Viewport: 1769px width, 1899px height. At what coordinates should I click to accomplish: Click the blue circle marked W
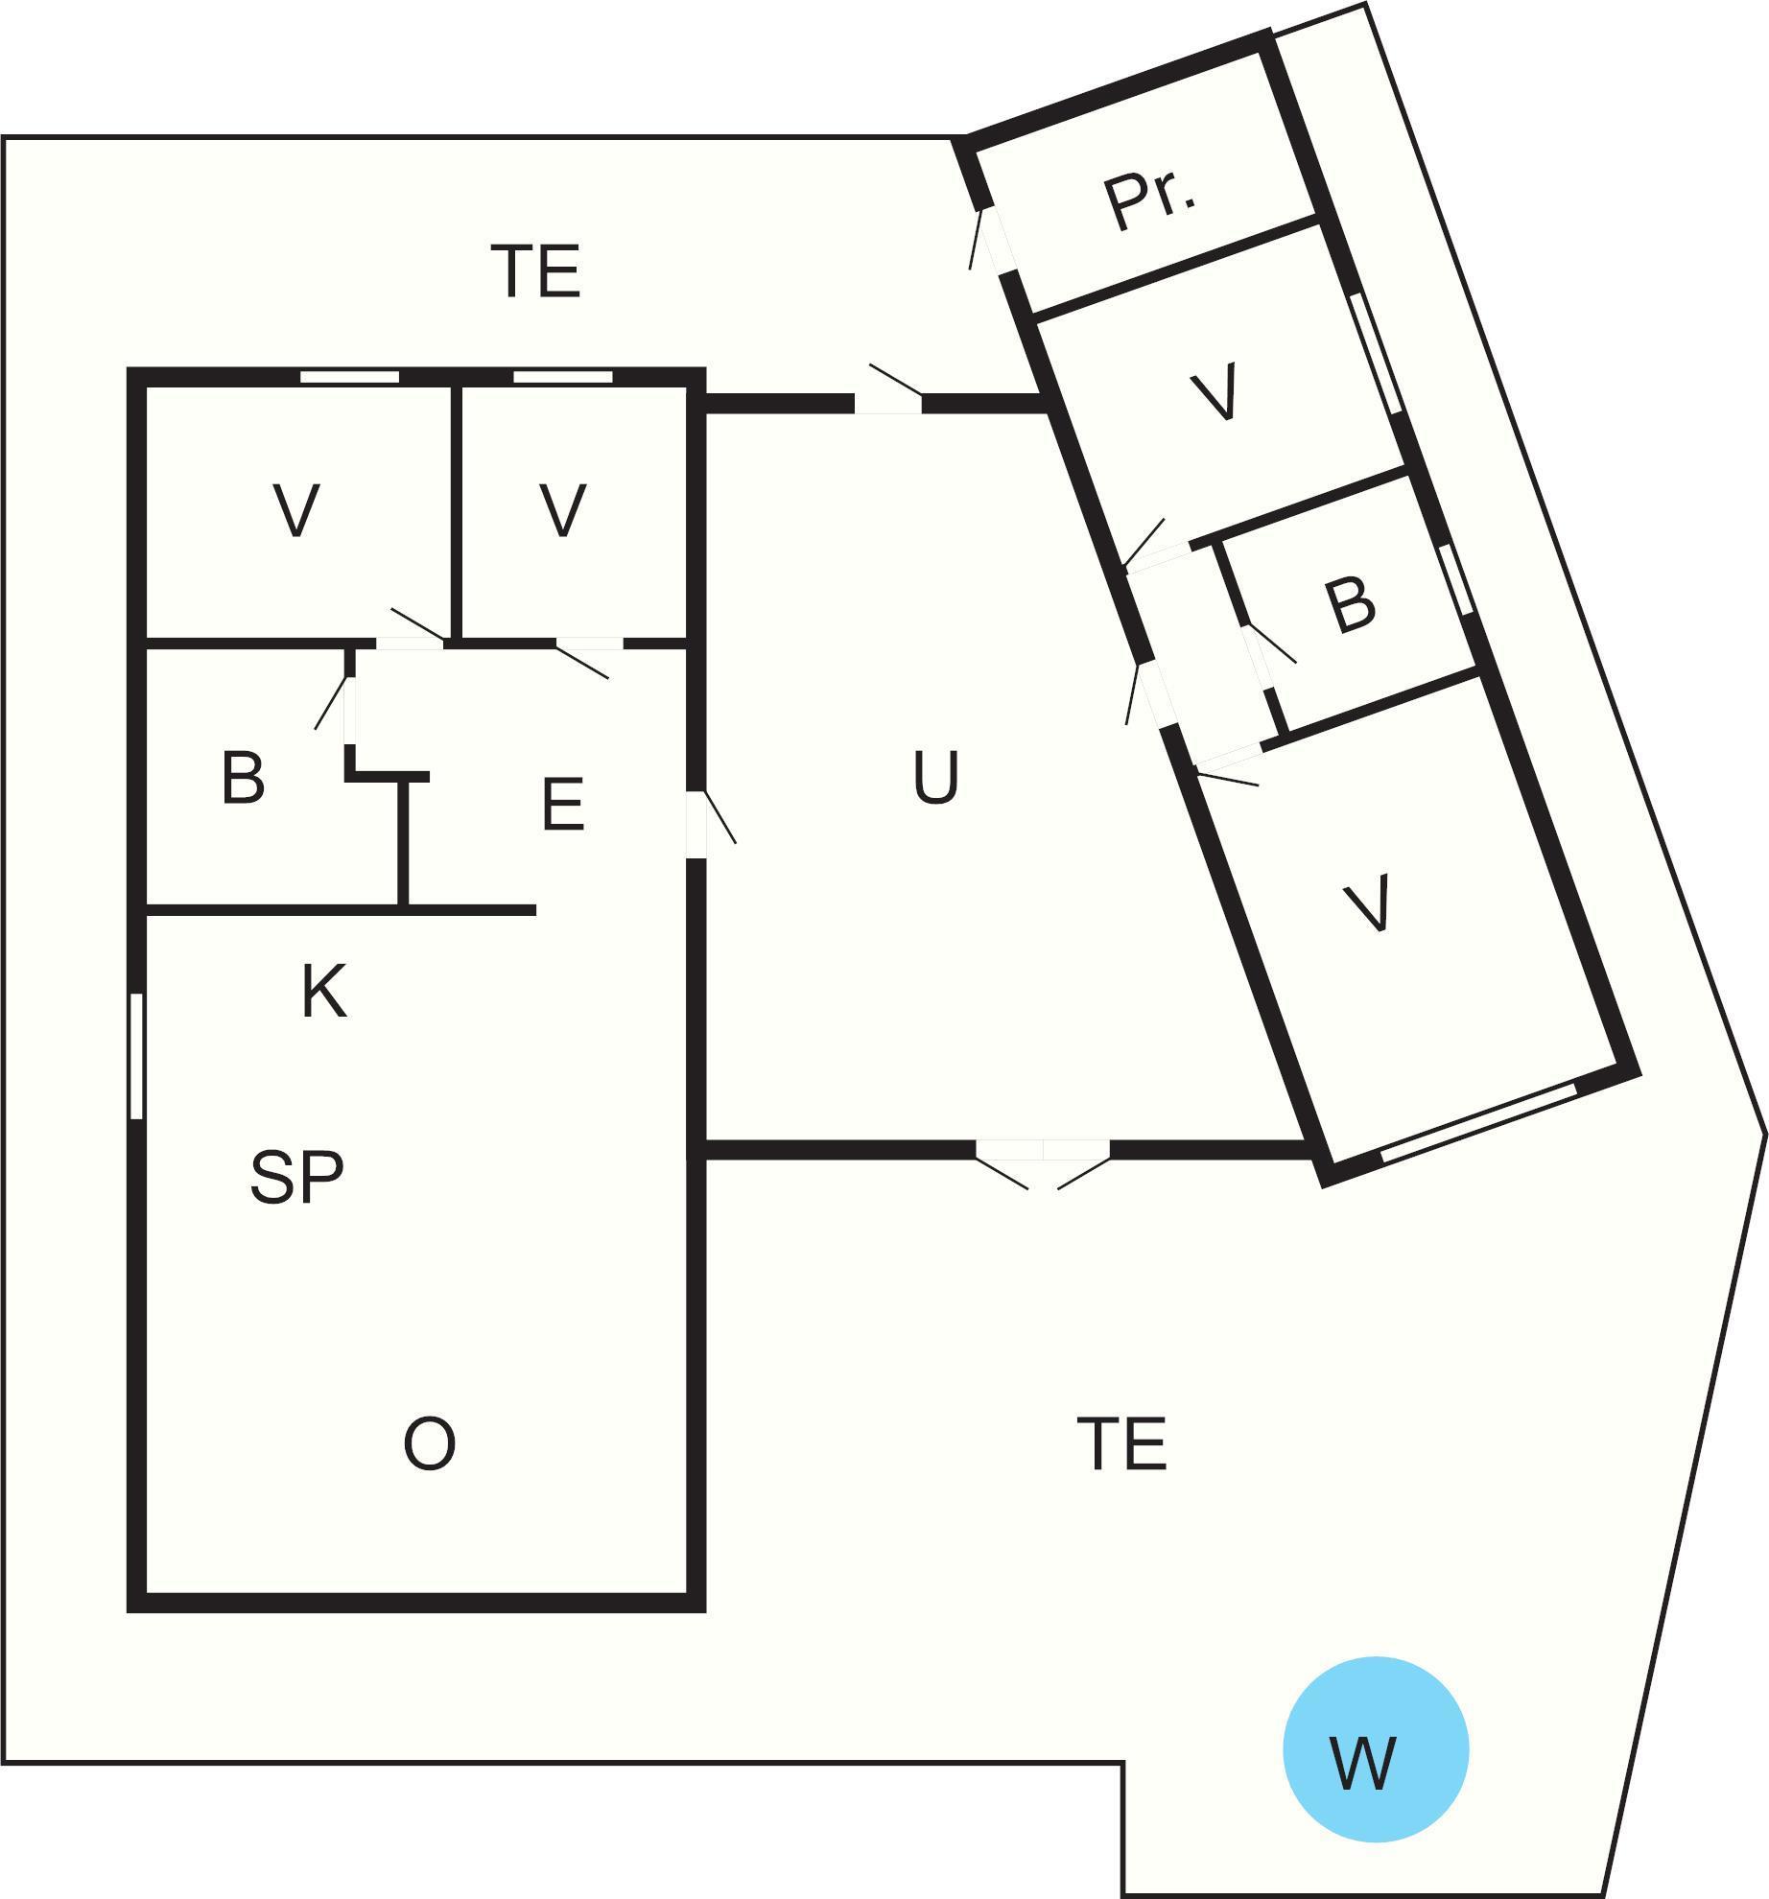point(1376,1748)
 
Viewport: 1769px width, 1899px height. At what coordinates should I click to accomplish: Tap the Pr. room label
point(1150,199)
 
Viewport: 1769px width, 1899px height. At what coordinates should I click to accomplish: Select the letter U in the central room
point(935,778)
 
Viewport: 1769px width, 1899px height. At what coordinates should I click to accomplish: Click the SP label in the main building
point(296,1177)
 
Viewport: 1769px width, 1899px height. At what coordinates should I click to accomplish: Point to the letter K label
point(323,991)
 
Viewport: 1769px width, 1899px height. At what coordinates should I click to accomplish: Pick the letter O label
point(429,1443)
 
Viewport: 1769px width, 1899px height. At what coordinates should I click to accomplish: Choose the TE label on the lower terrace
point(1121,1443)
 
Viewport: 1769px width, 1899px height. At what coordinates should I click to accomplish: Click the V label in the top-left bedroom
point(296,510)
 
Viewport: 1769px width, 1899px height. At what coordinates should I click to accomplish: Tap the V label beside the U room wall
point(562,510)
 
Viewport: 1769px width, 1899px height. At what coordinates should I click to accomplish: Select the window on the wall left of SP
point(136,1055)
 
